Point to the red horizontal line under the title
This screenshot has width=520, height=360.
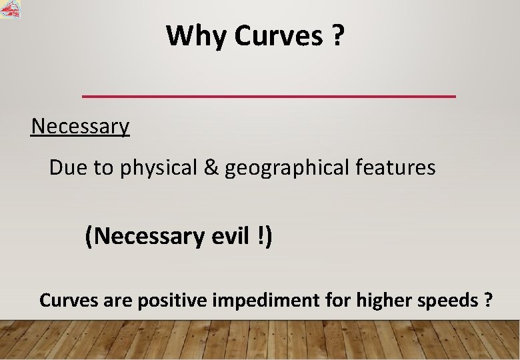point(269,97)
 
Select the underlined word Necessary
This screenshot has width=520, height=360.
point(80,126)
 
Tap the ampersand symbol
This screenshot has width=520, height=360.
point(211,168)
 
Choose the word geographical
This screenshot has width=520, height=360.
point(287,169)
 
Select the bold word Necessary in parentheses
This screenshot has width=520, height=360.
point(145,236)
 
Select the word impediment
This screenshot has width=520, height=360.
point(265,301)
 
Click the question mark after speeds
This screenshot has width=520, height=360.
point(489,300)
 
